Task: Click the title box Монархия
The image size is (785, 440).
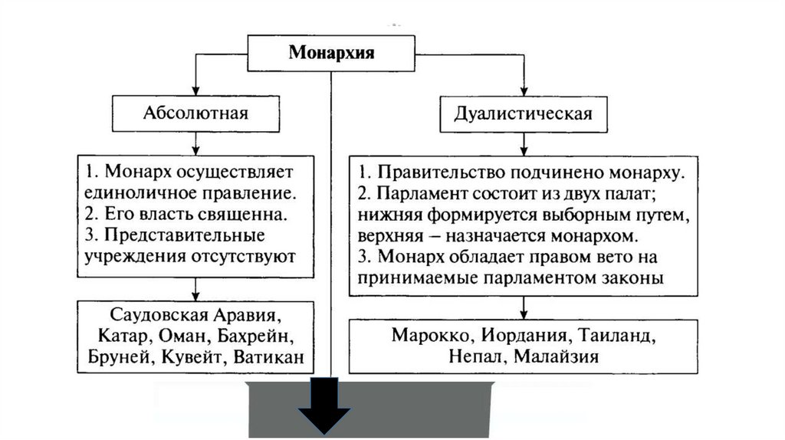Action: coord(331,53)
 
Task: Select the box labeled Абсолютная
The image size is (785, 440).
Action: coord(195,113)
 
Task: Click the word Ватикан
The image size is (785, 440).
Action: coord(271,356)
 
